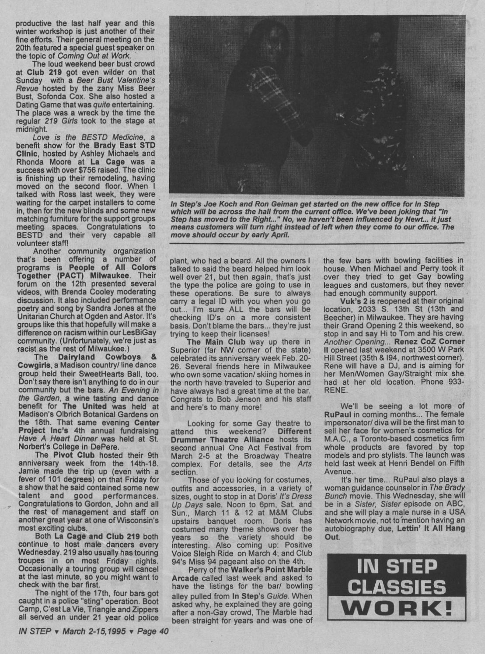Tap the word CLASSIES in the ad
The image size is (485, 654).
coord(397,587)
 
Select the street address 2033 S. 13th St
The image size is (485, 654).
coord(382,309)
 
